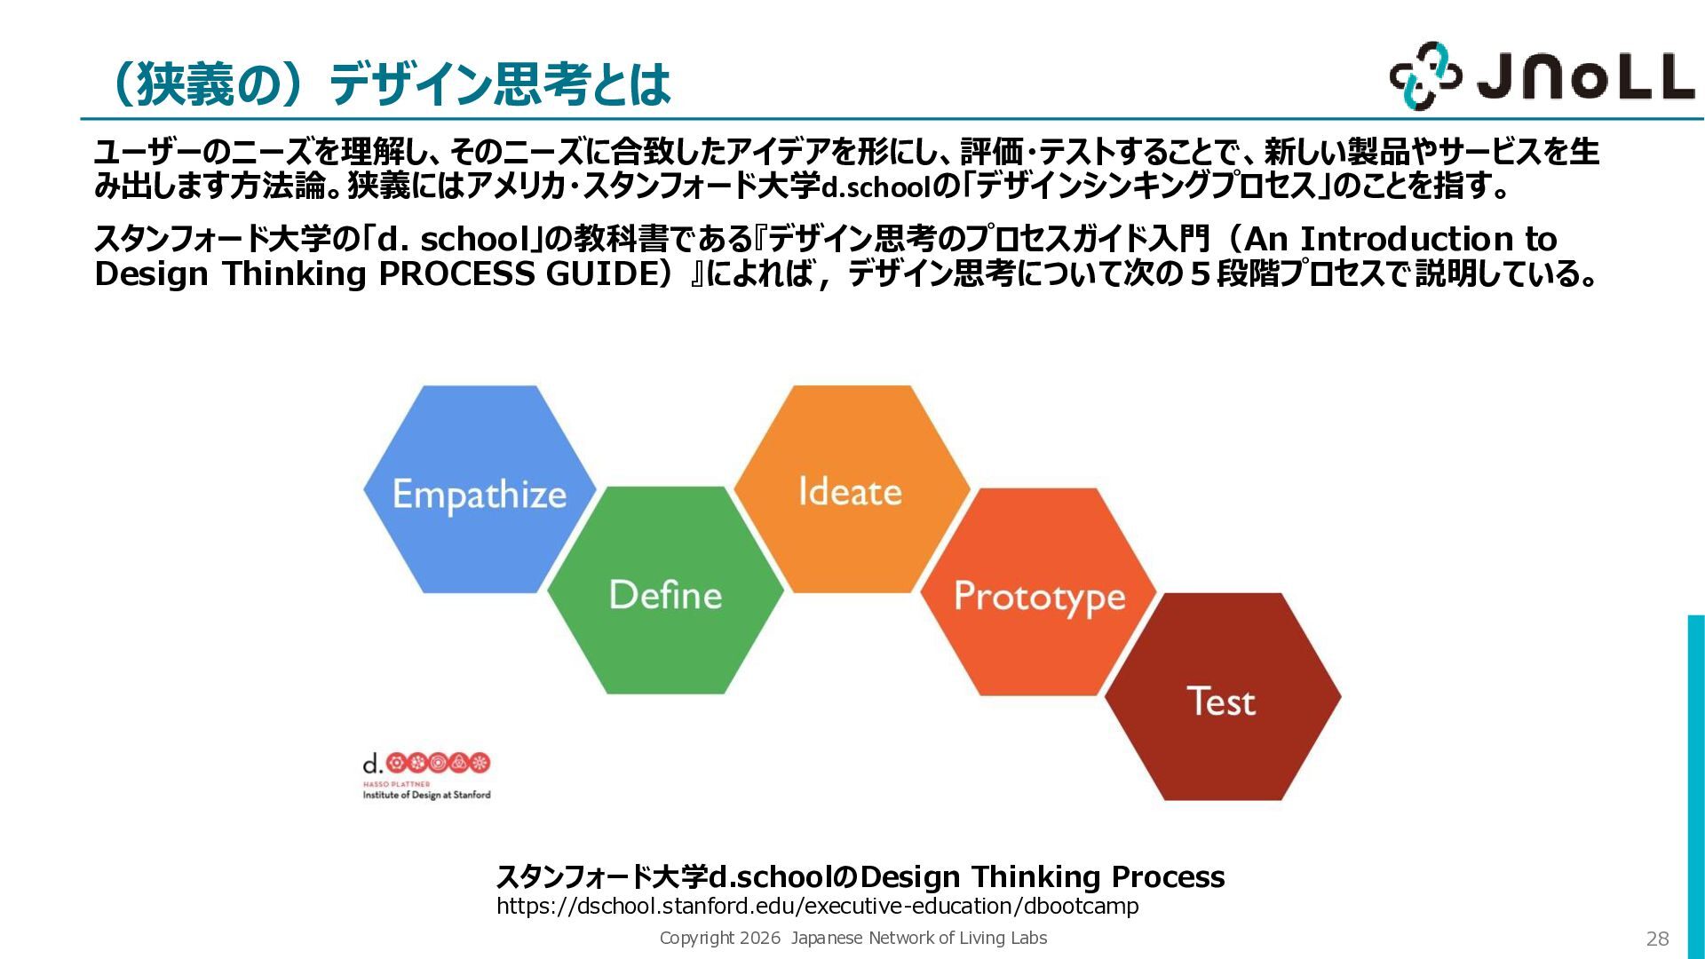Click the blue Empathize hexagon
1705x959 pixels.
(x=480, y=489)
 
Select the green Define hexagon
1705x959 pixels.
(x=666, y=590)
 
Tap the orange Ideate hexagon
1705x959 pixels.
(x=852, y=489)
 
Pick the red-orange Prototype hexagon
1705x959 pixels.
(x=1039, y=592)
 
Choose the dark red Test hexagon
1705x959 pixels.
(x=1223, y=697)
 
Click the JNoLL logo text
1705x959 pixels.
(x=1586, y=75)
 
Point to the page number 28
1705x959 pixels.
(x=1657, y=939)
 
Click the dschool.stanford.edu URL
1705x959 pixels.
(x=817, y=906)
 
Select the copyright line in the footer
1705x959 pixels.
(x=853, y=938)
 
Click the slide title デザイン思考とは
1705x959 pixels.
(x=500, y=84)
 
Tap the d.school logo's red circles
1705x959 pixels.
(x=439, y=762)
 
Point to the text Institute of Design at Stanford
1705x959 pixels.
(x=426, y=795)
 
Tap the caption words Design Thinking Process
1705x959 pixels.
(x=1043, y=876)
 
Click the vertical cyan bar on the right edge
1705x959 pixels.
(x=1696, y=787)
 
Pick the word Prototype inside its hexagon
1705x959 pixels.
(x=1040, y=597)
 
